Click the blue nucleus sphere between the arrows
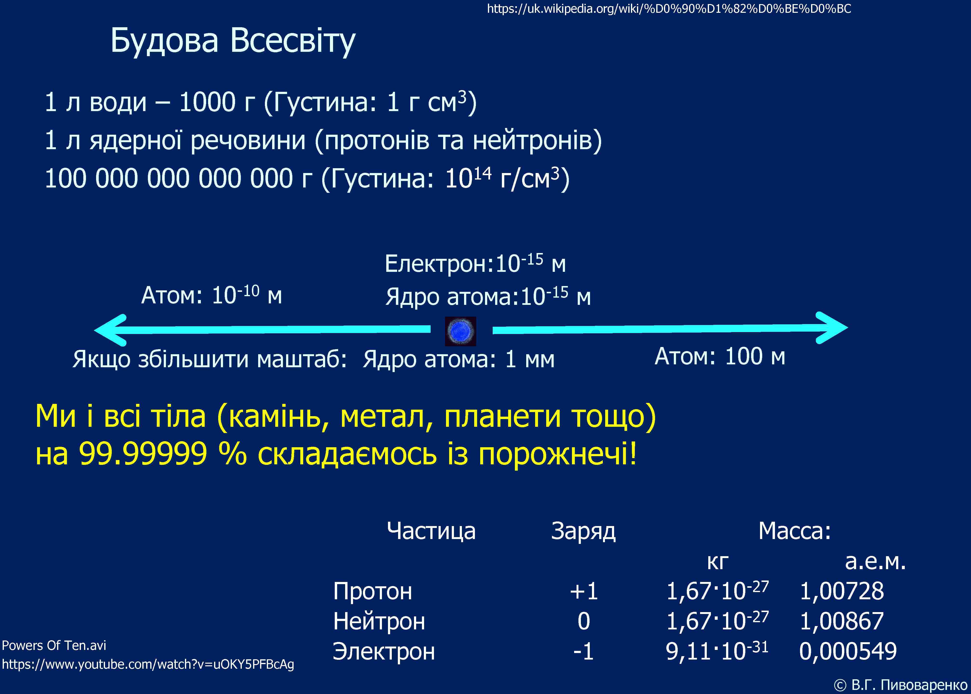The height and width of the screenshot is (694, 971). click(x=460, y=331)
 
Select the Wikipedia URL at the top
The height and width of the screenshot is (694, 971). click(x=669, y=8)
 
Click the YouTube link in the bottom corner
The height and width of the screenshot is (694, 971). click(x=148, y=665)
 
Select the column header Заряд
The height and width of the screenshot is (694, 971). click(x=583, y=531)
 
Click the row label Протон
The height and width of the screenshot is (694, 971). click(x=372, y=591)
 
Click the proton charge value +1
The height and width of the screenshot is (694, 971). click(x=584, y=591)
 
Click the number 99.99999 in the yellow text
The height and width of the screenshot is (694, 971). click(x=143, y=454)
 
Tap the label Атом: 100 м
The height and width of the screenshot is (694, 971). click(x=720, y=356)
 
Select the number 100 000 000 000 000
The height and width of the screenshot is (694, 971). click(x=169, y=179)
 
